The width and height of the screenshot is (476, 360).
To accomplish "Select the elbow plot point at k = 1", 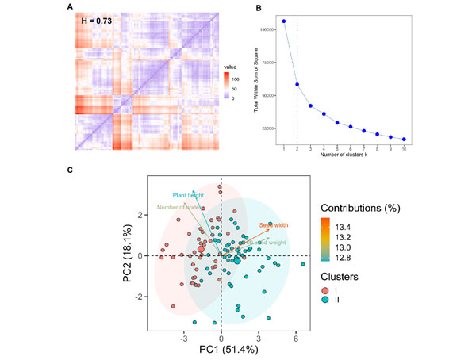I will (x=283, y=21).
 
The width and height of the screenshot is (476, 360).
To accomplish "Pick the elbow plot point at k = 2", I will (x=297, y=84).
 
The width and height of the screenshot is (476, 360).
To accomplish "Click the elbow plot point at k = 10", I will (x=404, y=140).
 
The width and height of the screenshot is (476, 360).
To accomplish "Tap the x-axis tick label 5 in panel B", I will (x=337, y=149).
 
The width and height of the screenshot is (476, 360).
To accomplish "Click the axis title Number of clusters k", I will (x=344, y=156).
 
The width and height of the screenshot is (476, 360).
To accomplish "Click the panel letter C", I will (x=69, y=169).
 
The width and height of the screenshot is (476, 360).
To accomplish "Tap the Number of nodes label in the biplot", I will (x=178, y=208).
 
